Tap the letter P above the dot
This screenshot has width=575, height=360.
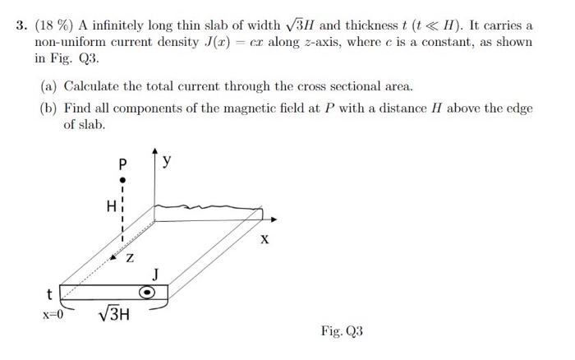click(122, 162)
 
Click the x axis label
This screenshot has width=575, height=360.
click(264, 240)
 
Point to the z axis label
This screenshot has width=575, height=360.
click(129, 259)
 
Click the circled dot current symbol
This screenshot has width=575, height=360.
click(148, 292)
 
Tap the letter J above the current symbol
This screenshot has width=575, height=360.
click(155, 274)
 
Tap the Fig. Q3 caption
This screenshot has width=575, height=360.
click(342, 331)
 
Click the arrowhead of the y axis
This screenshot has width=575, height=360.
click(155, 153)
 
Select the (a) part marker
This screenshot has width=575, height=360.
click(49, 85)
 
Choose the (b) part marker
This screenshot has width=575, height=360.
click(49, 108)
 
